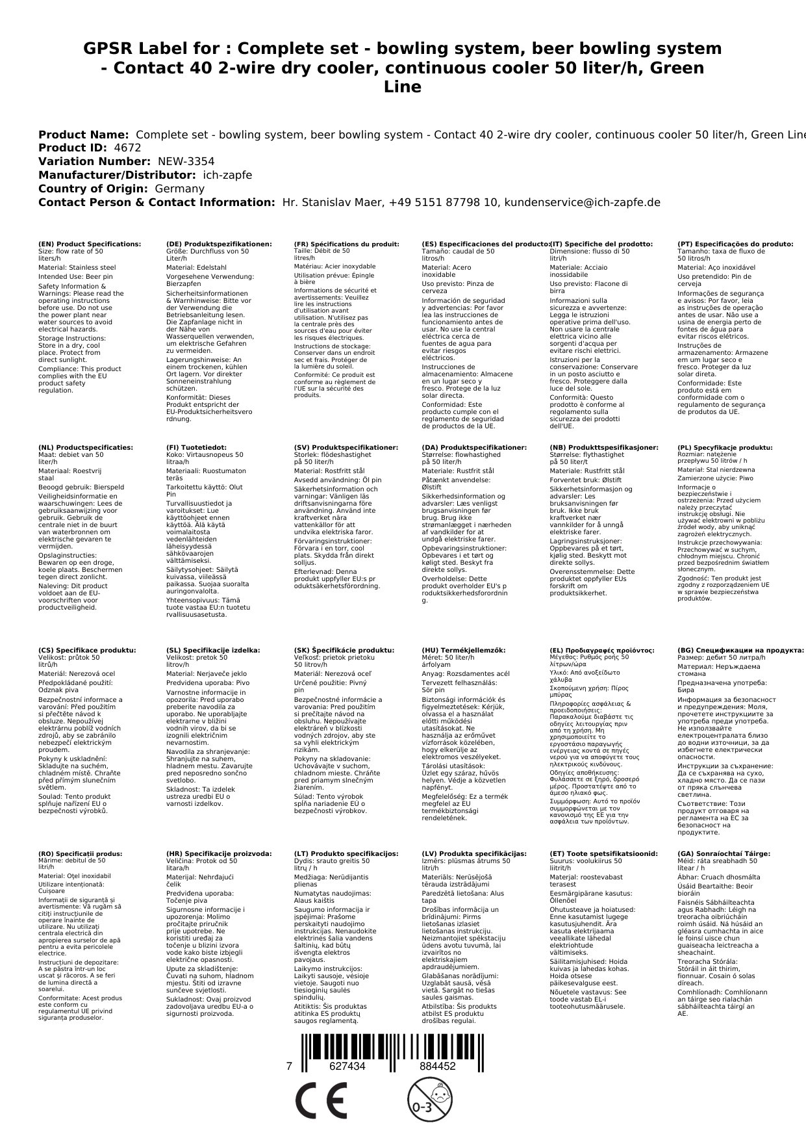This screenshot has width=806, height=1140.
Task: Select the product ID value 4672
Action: [127, 148]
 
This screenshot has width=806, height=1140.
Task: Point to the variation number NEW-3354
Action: [186, 162]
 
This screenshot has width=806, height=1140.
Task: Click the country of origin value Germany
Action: [179, 189]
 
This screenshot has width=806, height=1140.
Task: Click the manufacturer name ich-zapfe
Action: [227, 175]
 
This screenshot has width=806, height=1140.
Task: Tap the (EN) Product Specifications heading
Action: [90, 244]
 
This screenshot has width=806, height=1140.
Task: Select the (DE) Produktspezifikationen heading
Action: [219, 244]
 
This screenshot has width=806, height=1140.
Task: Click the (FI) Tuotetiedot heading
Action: [196, 448]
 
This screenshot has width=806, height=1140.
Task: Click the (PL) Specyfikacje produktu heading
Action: [725, 448]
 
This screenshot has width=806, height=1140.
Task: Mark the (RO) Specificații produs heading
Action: [80, 854]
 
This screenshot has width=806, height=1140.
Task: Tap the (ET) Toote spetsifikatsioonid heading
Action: [603, 854]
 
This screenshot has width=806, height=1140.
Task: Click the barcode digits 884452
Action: [437, 1067]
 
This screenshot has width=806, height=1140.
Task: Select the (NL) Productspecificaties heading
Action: [85, 448]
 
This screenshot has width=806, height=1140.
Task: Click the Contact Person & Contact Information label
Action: [157, 203]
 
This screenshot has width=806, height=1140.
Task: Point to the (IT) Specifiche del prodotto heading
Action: [601, 244]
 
